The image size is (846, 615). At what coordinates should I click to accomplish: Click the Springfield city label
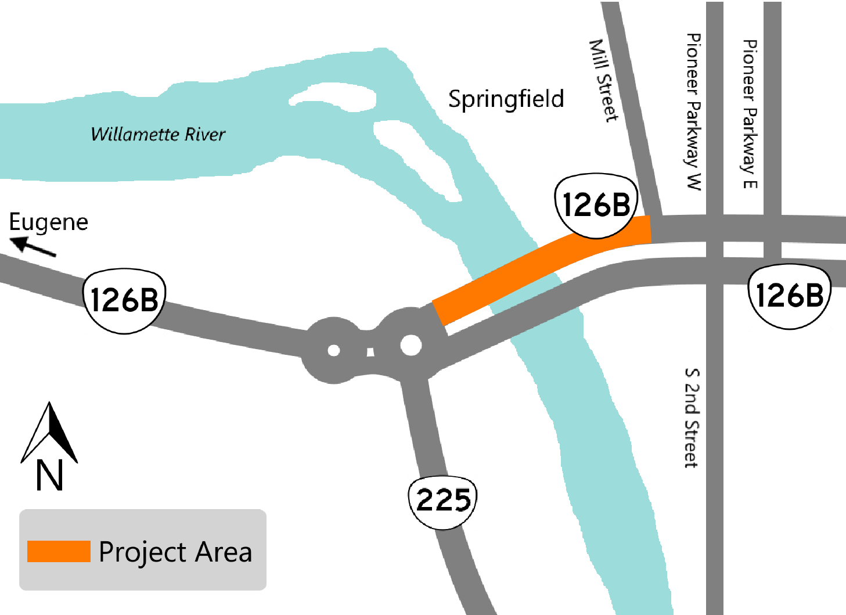point(506,99)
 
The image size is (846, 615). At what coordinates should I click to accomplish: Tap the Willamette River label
point(158,134)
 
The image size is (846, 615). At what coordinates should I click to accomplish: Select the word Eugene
point(49,222)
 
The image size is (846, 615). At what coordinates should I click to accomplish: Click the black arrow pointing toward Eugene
point(34,247)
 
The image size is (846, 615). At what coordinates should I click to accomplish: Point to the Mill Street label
point(604,80)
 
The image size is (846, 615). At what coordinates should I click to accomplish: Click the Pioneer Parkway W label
point(693,112)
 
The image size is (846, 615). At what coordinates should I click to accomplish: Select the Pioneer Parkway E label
point(750,114)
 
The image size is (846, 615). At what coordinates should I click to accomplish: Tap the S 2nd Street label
point(691,418)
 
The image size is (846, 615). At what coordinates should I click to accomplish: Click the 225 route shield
point(443,501)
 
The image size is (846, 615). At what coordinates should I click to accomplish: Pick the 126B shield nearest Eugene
point(124,300)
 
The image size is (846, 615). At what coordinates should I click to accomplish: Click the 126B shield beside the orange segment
point(596,205)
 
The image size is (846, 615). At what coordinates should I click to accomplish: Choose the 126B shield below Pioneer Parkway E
point(790,296)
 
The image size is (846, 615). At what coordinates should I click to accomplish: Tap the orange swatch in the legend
point(59,551)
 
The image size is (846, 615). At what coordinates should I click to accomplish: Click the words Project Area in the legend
point(175,552)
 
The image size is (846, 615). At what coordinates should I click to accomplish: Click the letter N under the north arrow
point(49,476)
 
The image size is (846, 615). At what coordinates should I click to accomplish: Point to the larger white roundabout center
point(411,345)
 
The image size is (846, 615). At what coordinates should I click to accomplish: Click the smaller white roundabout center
point(333,350)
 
